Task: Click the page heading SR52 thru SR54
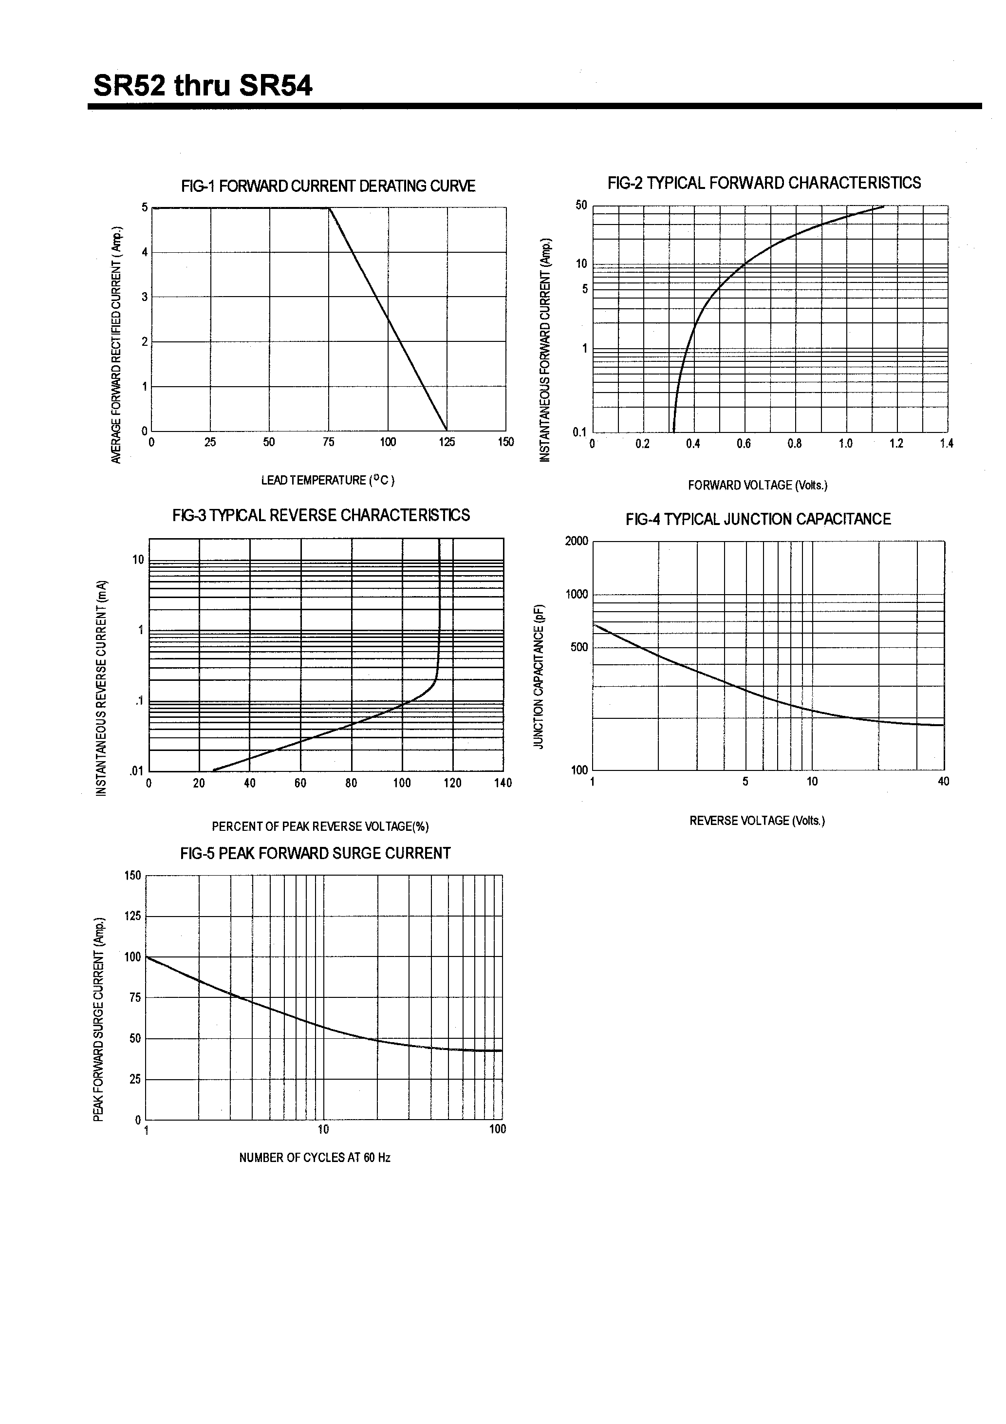point(203,86)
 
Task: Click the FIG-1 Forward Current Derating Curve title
point(328,186)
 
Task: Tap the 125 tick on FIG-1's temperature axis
point(447,442)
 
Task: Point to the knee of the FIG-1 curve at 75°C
point(329,208)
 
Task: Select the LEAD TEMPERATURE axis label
point(328,480)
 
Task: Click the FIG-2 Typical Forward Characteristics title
point(764,183)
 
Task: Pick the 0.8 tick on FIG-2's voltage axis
point(795,444)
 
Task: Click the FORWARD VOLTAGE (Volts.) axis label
point(757,486)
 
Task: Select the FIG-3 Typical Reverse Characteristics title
point(321,515)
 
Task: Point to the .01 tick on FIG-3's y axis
point(136,771)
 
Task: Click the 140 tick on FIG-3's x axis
point(503,783)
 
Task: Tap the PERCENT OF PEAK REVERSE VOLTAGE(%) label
point(320,827)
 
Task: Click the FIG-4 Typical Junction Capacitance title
point(758,519)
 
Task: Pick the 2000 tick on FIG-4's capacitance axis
point(576,541)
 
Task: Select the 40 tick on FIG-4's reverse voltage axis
point(943,782)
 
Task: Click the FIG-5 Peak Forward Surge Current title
point(315,853)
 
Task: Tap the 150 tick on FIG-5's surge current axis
point(133,876)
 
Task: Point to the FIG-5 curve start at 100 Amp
point(147,957)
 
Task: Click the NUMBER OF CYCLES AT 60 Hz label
point(315,1158)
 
